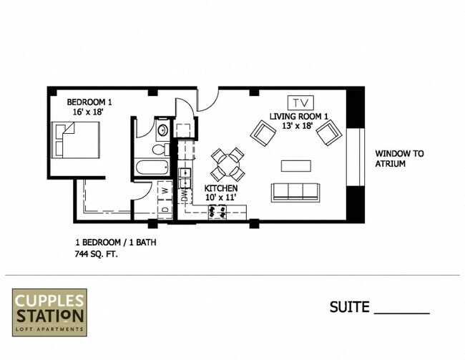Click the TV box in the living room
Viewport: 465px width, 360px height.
coord(300,102)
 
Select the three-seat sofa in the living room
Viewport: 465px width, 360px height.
coord(295,192)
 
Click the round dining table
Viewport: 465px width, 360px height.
coord(228,163)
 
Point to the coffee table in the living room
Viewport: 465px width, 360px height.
coord(295,165)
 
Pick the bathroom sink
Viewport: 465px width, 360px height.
coord(162,131)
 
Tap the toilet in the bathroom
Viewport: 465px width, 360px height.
coord(160,150)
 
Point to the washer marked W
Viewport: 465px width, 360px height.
coord(164,191)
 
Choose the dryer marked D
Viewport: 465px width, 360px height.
coord(164,210)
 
